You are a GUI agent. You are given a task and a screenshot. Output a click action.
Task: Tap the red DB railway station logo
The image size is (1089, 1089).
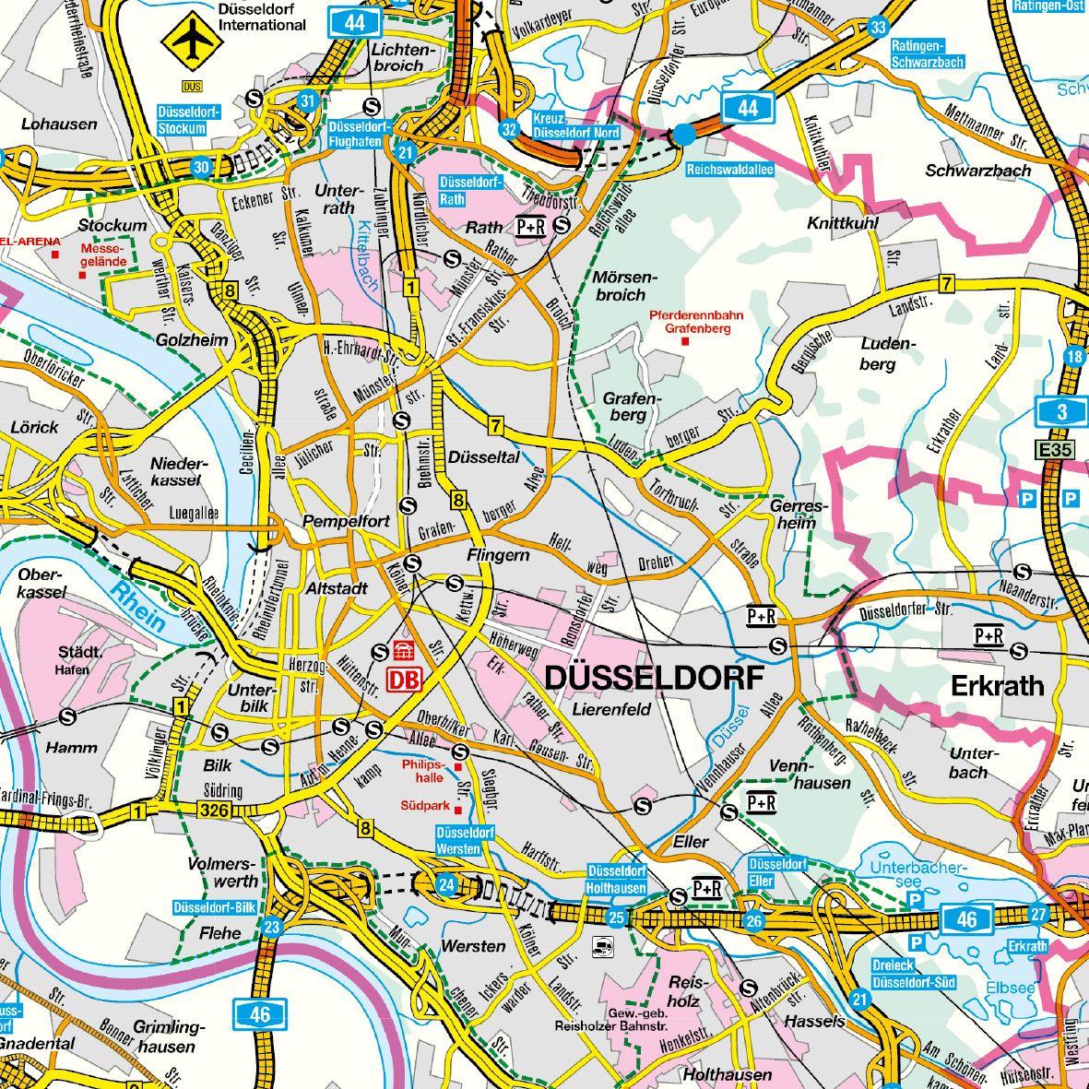pyautogui.click(x=404, y=680)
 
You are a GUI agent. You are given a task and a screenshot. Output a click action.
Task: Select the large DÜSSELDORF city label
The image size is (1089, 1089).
pyautogui.click(x=655, y=678)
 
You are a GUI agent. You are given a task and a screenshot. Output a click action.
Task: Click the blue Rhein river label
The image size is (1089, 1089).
pyautogui.click(x=136, y=609)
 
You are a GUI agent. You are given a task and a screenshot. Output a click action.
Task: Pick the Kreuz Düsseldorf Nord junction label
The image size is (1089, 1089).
pyautogui.click(x=575, y=126)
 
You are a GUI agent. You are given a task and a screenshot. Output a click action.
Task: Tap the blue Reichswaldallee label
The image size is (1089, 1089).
pyautogui.click(x=729, y=170)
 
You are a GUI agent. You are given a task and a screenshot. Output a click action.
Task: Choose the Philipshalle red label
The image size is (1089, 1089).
pyautogui.click(x=423, y=770)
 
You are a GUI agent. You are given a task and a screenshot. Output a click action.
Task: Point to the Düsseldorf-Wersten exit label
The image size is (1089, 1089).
pyautogui.click(x=466, y=839)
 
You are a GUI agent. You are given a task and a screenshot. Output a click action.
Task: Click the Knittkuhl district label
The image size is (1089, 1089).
pyautogui.click(x=843, y=223)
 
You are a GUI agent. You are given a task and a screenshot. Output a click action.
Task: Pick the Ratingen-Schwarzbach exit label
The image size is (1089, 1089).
pyautogui.click(x=928, y=54)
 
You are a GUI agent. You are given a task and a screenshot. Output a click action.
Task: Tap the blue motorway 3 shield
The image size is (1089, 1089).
pyautogui.click(x=1061, y=412)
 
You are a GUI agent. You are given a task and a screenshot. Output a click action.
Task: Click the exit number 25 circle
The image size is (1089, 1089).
pyautogui.click(x=616, y=917)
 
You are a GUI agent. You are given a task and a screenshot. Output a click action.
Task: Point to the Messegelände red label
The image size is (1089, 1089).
pyautogui.click(x=101, y=254)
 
